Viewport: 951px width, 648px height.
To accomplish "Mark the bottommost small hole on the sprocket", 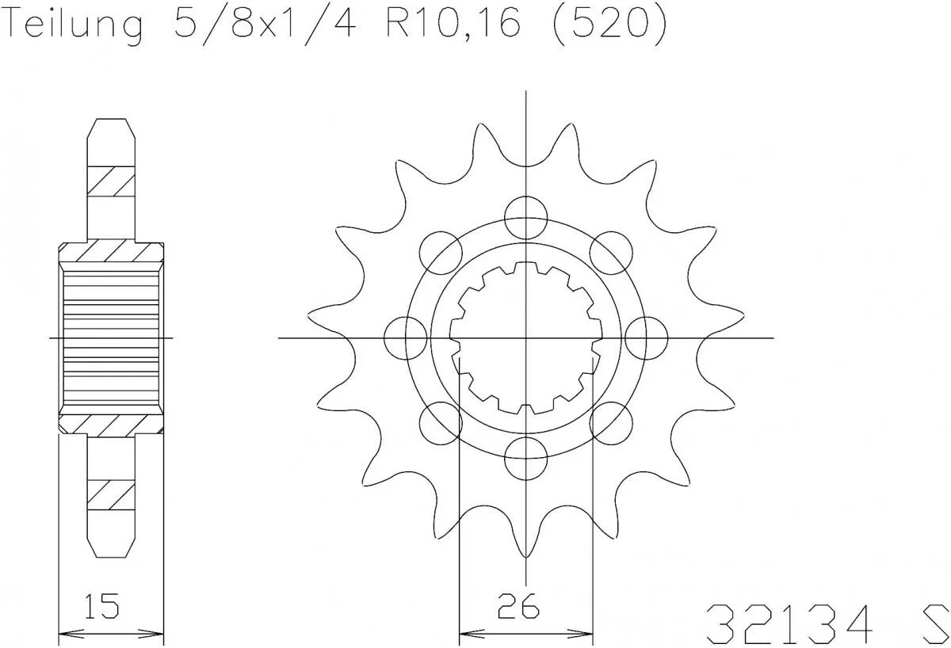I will (526, 459).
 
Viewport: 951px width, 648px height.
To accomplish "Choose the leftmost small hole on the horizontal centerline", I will (405, 337).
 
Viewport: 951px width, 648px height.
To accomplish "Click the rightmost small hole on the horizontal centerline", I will (647, 337).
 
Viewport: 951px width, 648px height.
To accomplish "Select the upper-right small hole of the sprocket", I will (612, 252).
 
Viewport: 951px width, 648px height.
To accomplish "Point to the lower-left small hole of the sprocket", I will (441, 423).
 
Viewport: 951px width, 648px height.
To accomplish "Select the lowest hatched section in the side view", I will (111, 495).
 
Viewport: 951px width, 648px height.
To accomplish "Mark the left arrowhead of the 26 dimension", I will (468, 633).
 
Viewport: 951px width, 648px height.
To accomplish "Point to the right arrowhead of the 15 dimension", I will (156, 633).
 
